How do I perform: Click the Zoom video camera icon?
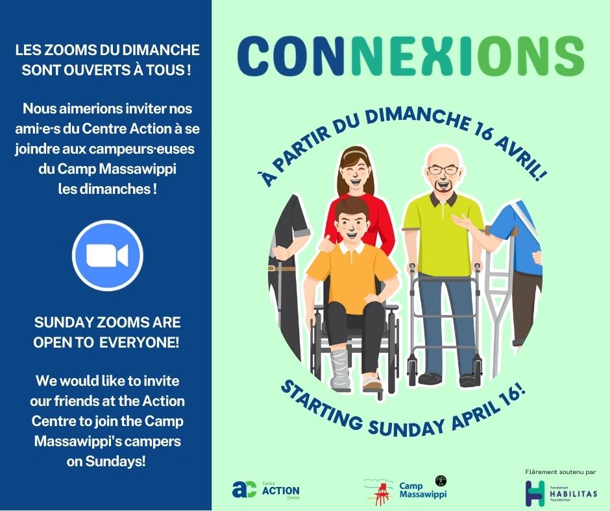pyautogui.click(x=107, y=255)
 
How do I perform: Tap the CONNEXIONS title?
pyautogui.click(x=410, y=56)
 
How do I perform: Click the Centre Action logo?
pyautogui.click(x=265, y=490)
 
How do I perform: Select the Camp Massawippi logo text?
pyautogui.click(x=422, y=490)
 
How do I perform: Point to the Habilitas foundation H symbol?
pyautogui.click(x=535, y=493)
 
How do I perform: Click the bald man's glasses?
pyautogui.click(x=443, y=170)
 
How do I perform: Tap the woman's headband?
pyautogui.click(x=354, y=154)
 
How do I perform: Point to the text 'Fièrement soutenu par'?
pyautogui.click(x=560, y=472)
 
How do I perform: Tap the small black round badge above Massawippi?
pyautogui.click(x=441, y=481)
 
